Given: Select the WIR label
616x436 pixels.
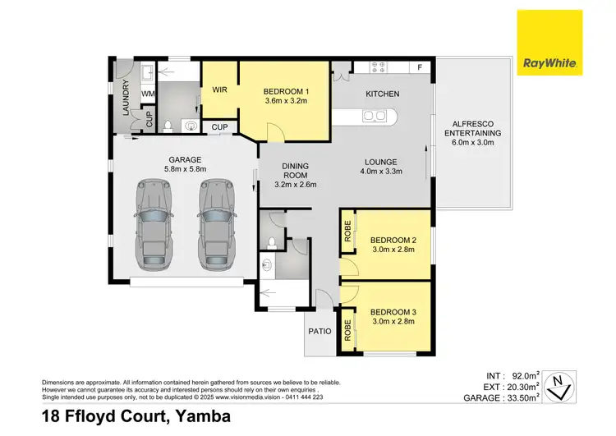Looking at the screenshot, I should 220,89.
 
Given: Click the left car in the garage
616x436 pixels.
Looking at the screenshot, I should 153,227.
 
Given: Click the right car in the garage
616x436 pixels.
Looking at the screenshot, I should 214,227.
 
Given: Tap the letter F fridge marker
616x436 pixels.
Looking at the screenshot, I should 419,67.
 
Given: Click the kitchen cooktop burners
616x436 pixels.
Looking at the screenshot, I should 380,67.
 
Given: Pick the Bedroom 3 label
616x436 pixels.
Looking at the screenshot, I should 393,312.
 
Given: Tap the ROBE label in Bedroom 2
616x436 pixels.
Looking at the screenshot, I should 348,231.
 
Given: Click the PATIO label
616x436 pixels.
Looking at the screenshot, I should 319,332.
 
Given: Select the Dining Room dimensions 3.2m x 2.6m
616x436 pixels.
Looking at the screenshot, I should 294,185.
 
